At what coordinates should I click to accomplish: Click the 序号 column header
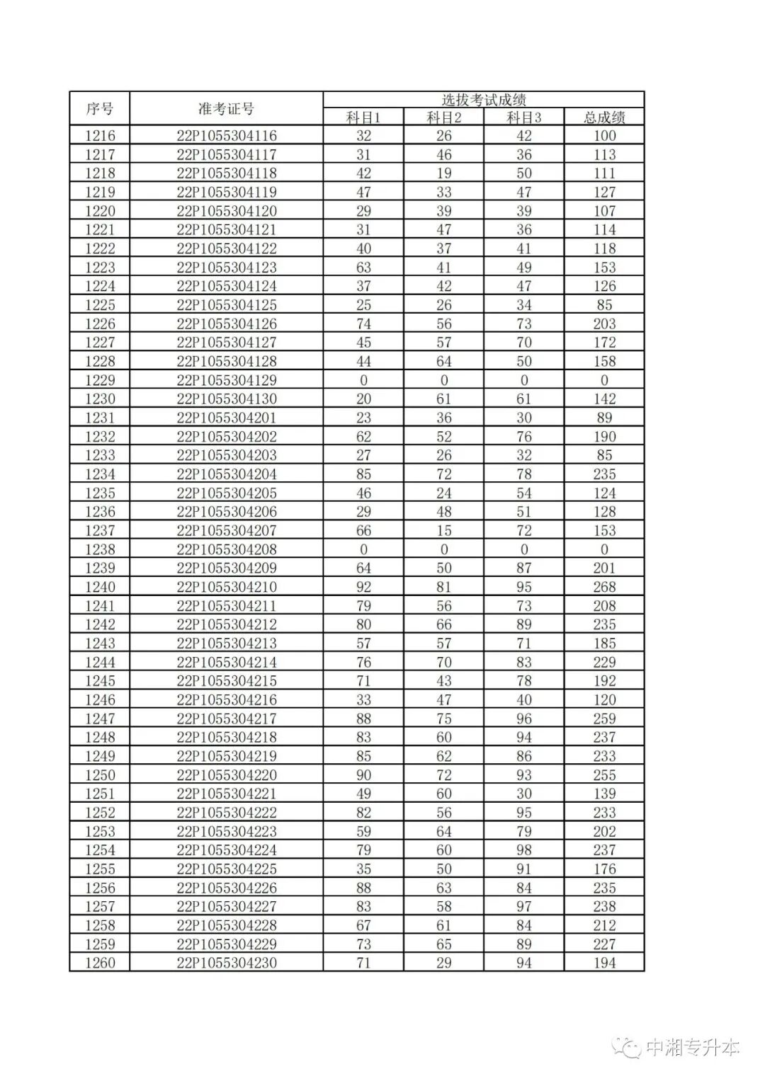[x=100, y=109]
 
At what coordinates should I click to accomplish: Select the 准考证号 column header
[x=226, y=109]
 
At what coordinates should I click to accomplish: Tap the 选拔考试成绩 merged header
[x=484, y=100]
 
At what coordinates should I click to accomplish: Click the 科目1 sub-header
[x=363, y=118]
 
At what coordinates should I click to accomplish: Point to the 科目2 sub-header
[x=444, y=118]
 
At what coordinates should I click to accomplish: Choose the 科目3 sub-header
[x=524, y=118]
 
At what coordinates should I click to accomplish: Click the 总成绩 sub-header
[x=604, y=118]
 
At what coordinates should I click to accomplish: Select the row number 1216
[x=100, y=136]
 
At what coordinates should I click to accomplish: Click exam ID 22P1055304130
[x=227, y=399]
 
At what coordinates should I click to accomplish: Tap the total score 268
[x=604, y=587]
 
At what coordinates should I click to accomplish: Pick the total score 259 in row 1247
[x=604, y=719]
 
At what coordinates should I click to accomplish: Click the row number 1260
[x=100, y=963]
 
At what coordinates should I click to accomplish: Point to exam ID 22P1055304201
[x=227, y=418]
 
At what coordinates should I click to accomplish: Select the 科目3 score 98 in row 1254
[x=524, y=850]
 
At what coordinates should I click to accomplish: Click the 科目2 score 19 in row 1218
[x=444, y=173]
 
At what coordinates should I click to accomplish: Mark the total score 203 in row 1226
[x=604, y=324]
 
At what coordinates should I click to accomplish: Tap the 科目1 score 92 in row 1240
[x=363, y=587]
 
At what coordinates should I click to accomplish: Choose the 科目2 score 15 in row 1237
[x=444, y=530]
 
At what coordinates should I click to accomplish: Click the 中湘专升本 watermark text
[x=693, y=1047]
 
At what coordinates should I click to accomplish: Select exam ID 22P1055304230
[x=227, y=963]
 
